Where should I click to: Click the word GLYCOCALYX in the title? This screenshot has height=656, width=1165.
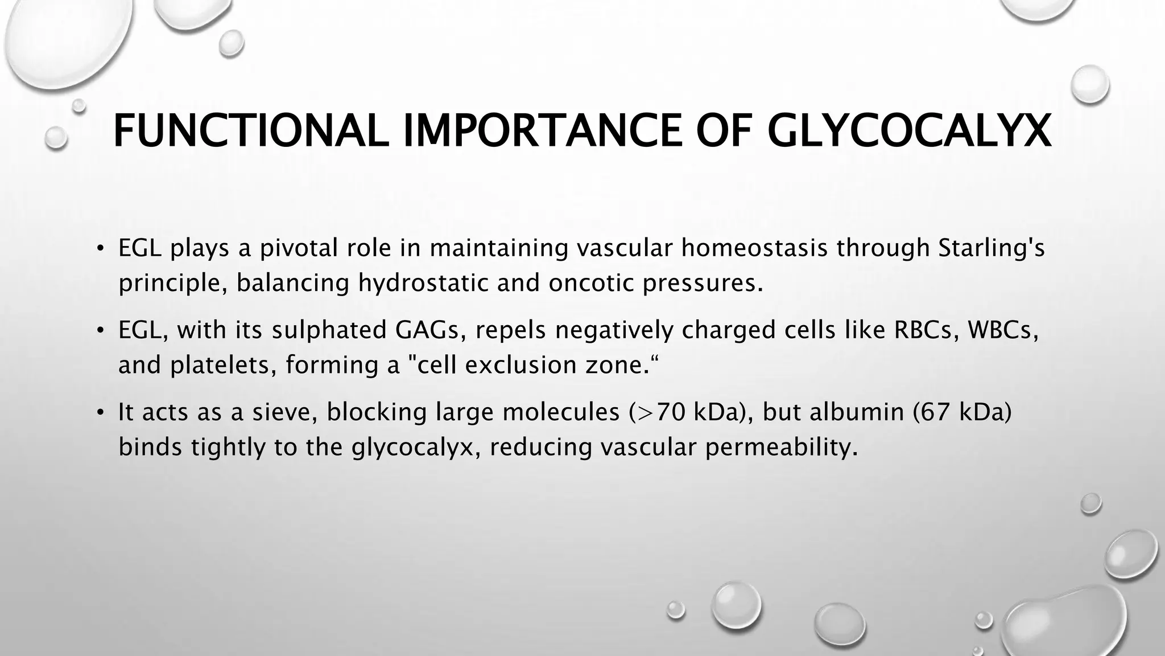908,132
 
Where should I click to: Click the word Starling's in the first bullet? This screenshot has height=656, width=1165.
991,248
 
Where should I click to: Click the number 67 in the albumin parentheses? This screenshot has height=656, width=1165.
934,412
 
